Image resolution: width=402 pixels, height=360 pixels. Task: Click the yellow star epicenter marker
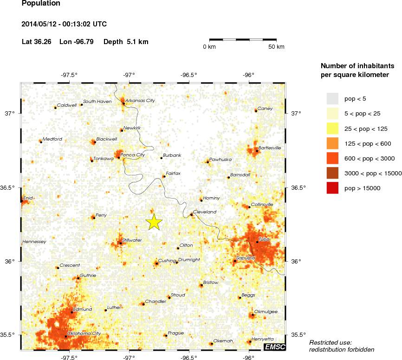pos(155,223)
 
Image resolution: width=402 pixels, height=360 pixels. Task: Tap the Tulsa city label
pos(264,239)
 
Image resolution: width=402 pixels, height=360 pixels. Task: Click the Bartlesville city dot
pos(257,151)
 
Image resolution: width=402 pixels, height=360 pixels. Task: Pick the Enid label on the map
pos(28,198)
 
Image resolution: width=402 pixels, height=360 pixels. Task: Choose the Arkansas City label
pos(140,100)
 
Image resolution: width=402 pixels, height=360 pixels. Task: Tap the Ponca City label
pos(133,155)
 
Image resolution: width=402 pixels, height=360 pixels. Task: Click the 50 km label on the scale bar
pos(277,47)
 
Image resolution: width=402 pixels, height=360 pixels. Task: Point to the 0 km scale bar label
pos(209,47)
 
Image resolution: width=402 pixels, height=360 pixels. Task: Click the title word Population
pos(41,4)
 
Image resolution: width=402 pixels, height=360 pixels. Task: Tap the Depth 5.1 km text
pos(126,42)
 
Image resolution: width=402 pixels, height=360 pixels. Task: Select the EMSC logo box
pos(274,347)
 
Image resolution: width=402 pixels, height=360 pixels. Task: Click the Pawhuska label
pos(220,159)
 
